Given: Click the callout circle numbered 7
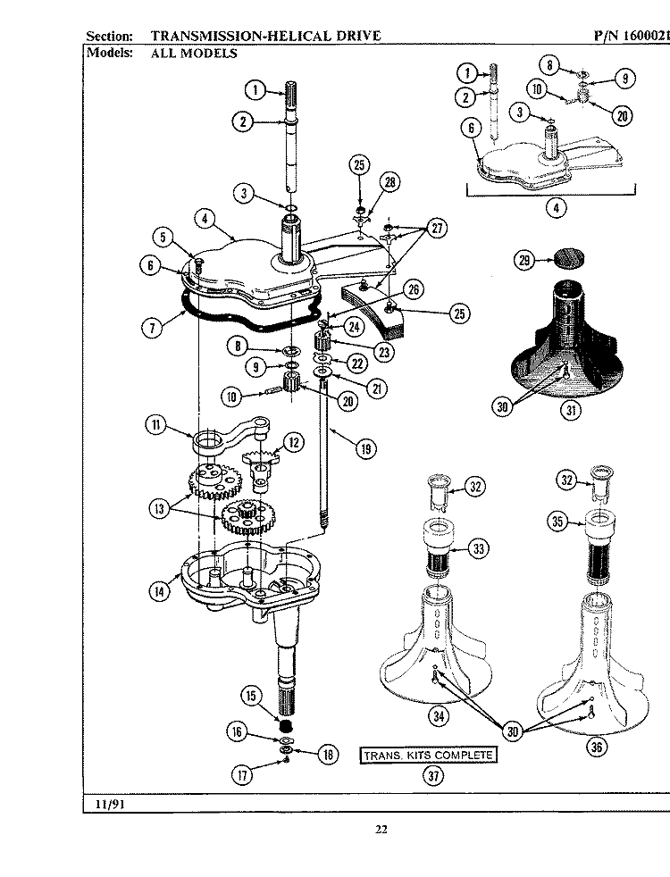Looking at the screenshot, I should point(153,327).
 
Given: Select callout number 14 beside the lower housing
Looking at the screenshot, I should point(158,590).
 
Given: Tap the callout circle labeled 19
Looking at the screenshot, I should point(364,449).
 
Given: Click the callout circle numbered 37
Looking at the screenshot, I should point(433,775).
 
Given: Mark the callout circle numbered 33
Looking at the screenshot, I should point(479,548).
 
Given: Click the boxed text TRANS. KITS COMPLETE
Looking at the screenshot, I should point(427,756).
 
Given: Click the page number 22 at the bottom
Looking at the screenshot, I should point(381,830).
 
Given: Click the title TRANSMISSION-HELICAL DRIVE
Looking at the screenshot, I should point(265,36).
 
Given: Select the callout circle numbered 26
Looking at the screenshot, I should point(413,289).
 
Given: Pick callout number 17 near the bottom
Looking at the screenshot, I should point(240,774).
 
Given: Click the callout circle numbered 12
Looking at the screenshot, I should point(294,440).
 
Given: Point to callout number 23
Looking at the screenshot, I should point(384,352).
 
